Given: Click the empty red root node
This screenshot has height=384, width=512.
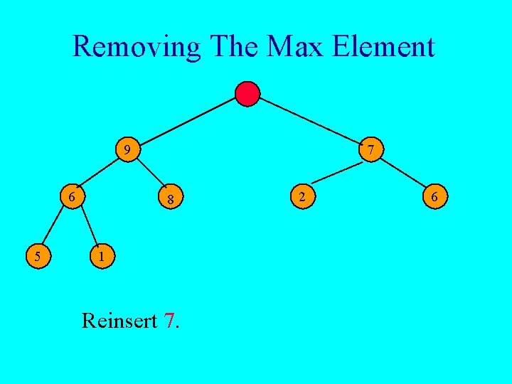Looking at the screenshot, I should click(247, 94).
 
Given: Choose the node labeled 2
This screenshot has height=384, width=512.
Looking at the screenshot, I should click(302, 196).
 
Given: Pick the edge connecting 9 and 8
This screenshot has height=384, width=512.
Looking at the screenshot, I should click(150, 173).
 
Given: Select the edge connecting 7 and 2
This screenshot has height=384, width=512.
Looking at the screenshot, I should click(336, 173).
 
